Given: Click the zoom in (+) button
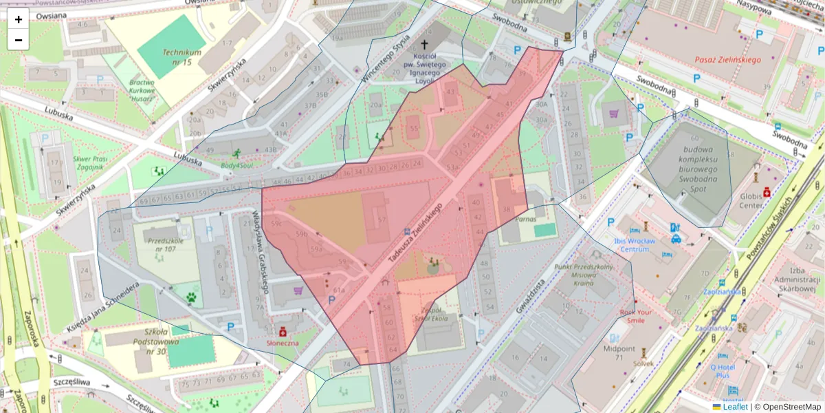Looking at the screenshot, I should click(x=19, y=19).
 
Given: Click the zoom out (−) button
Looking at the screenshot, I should click(x=19, y=40).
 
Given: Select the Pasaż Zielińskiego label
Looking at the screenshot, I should click(x=727, y=60).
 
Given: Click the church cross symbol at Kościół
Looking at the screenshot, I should click(x=424, y=44).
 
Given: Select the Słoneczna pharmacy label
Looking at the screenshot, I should click(x=283, y=341).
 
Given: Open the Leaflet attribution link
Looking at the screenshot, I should click(x=734, y=407).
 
